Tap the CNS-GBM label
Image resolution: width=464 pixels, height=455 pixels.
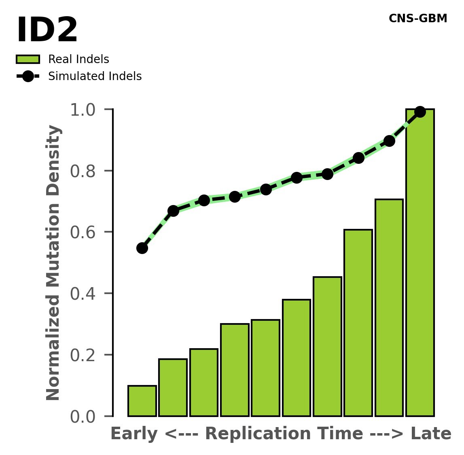pos(417,19)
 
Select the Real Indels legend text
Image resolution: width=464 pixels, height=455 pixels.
pos(78,59)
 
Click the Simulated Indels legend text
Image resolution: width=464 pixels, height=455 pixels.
pos(95,76)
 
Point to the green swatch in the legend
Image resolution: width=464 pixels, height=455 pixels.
pos(28,59)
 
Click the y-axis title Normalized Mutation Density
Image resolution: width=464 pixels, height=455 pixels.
pos(53,262)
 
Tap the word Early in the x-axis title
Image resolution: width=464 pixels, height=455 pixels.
pos(134,434)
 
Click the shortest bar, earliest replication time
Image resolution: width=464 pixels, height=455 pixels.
pos(142,401)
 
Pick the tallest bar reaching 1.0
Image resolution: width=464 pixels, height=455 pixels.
pos(420,263)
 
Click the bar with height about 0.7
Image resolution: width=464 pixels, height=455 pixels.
pos(389,307)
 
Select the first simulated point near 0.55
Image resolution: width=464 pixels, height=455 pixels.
pos(142,248)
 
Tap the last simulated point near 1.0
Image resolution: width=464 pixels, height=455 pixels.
pos(420,112)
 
